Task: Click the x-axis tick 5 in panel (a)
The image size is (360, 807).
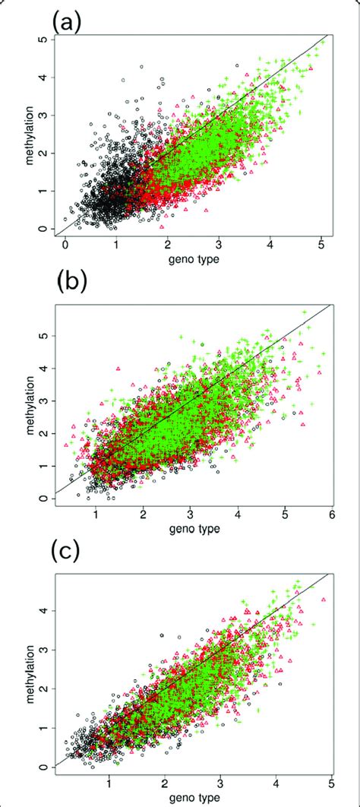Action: [321, 248]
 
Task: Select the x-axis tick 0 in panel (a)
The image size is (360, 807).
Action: [65, 248]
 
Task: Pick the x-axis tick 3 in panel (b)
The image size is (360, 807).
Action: [191, 515]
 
